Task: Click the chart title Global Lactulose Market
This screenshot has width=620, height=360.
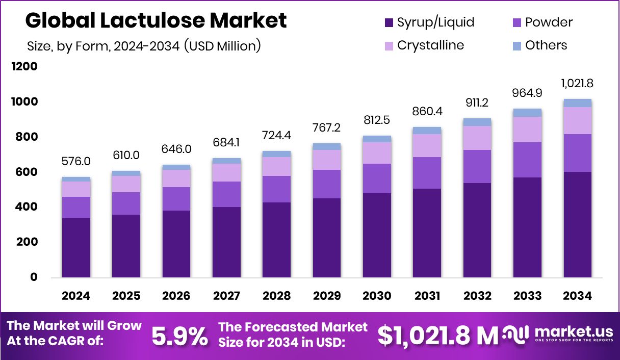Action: pos(156,21)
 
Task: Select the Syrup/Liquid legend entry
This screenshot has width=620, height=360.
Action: pos(429,22)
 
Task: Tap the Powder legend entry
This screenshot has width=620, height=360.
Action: pos(541,22)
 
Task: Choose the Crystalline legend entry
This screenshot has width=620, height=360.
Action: pos(424,45)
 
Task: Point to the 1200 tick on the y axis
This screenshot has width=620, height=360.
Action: pos(25,67)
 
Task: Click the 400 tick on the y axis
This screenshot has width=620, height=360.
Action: pos(28,207)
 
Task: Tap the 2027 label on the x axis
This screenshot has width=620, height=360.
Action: pos(226,296)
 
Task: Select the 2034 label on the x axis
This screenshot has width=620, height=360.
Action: pos(578,296)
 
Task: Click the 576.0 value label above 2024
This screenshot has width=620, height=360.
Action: pos(76,162)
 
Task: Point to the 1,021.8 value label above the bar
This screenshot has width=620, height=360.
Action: pos(577,84)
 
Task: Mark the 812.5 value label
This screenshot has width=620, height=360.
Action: pos(377,120)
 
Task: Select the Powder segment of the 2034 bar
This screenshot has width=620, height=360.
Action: pos(577,153)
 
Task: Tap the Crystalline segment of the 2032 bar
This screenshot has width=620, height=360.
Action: pos(477,138)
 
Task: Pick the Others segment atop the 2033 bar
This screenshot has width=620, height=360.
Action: pos(527,113)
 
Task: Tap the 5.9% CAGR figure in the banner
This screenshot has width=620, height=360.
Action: pos(180,336)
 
